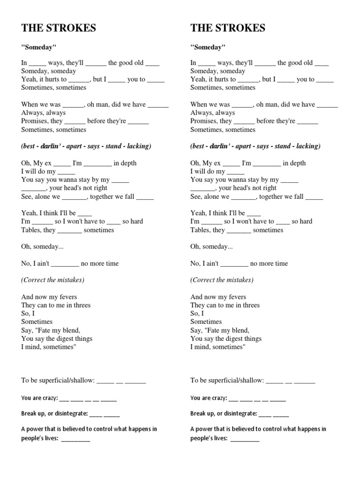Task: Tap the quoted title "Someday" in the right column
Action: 208,47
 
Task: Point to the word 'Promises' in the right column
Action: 204,121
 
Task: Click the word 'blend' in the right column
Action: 240,330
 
